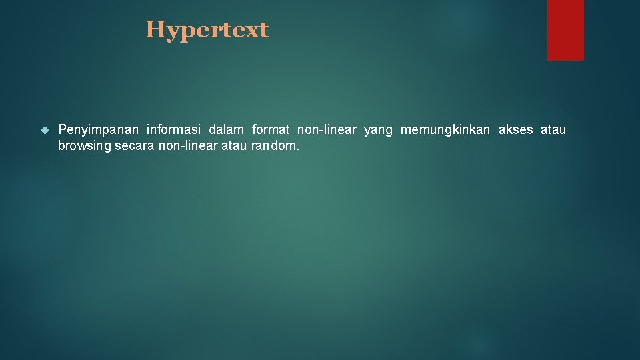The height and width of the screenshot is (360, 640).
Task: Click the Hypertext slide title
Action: click(x=207, y=30)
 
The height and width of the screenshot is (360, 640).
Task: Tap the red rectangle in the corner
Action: click(x=565, y=30)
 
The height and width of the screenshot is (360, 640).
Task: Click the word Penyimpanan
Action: click(x=99, y=129)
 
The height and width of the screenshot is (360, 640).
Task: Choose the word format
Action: click(x=271, y=129)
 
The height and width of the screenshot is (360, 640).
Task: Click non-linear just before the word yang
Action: click(x=327, y=129)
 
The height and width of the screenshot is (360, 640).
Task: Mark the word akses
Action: click(x=516, y=129)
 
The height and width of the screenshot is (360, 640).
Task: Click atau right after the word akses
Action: click(x=553, y=129)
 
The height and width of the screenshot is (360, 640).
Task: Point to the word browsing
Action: click(x=84, y=146)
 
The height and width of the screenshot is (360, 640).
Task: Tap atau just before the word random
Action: click(x=233, y=145)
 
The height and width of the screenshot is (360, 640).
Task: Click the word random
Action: click(x=275, y=145)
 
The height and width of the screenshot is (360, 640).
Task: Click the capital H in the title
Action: click(x=155, y=29)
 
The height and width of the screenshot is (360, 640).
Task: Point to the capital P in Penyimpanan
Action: click(x=62, y=129)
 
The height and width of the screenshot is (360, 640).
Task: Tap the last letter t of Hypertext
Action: click(x=263, y=30)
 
